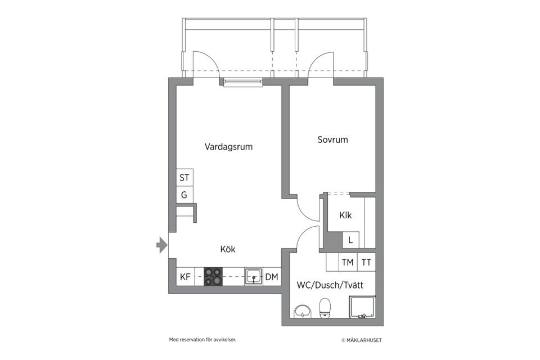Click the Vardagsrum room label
[x=229, y=147]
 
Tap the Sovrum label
[x=332, y=139]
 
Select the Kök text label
[x=228, y=249]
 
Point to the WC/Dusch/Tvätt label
[x=330, y=285]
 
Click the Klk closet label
[x=345, y=215]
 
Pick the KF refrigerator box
[x=185, y=277]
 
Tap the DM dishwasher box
[x=272, y=277]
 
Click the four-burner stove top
[x=213, y=277]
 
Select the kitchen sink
[x=254, y=277]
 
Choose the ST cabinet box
[x=184, y=177]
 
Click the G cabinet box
[x=184, y=195]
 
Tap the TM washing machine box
[x=348, y=262]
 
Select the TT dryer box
[x=366, y=262]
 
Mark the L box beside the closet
[x=350, y=240]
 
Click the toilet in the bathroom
[x=325, y=308]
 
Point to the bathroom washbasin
[x=303, y=311]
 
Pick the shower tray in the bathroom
[x=362, y=307]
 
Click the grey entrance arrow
[x=162, y=245]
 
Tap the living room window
[x=243, y=82]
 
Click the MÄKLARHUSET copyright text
[x=362, y=340]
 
